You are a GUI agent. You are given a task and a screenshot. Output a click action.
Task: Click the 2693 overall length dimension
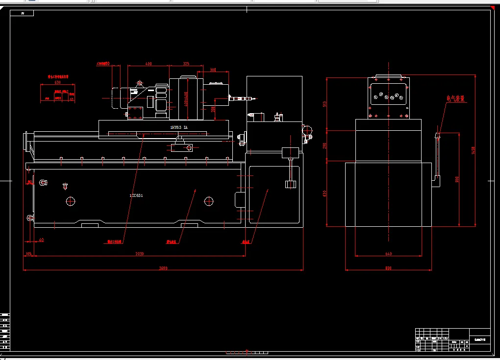(164, 268)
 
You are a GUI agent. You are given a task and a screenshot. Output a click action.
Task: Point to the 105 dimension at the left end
(28, 254)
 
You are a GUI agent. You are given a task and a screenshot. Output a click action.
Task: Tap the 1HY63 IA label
(178, 127)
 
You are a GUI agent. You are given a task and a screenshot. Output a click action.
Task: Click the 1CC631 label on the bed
(136, 195)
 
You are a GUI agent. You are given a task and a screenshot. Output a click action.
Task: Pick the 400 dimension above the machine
(149, 64)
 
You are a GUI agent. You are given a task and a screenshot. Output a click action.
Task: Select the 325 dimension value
(186, 64)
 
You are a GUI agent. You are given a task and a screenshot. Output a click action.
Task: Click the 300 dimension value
(213, 70)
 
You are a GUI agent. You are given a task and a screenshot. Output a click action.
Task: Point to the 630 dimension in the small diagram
(57, 82)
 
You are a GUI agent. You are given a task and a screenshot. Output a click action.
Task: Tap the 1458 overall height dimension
(473, 150)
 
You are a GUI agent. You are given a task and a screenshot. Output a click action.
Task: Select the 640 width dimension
(388, 254)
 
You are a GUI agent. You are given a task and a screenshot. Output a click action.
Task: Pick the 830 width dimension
(388, 268)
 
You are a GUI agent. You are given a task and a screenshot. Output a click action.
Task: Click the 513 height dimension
(325, 103)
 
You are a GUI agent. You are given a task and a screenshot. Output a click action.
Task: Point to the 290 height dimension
(325, 146)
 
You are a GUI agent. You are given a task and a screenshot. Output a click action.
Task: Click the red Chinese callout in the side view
(455, 98)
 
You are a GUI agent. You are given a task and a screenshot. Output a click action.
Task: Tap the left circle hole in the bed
(71, 200)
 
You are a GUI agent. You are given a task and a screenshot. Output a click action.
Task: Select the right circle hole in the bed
(209, 200)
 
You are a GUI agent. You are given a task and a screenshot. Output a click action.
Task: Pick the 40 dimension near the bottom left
(41, 240)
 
